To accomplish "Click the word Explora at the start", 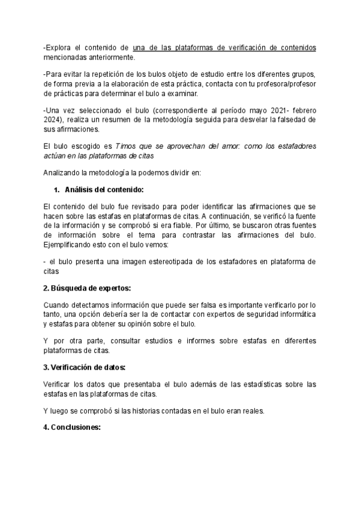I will pyautogui.click(x=59, y=47).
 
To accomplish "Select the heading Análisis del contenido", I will pyautogui.click(x=104, y=190).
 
